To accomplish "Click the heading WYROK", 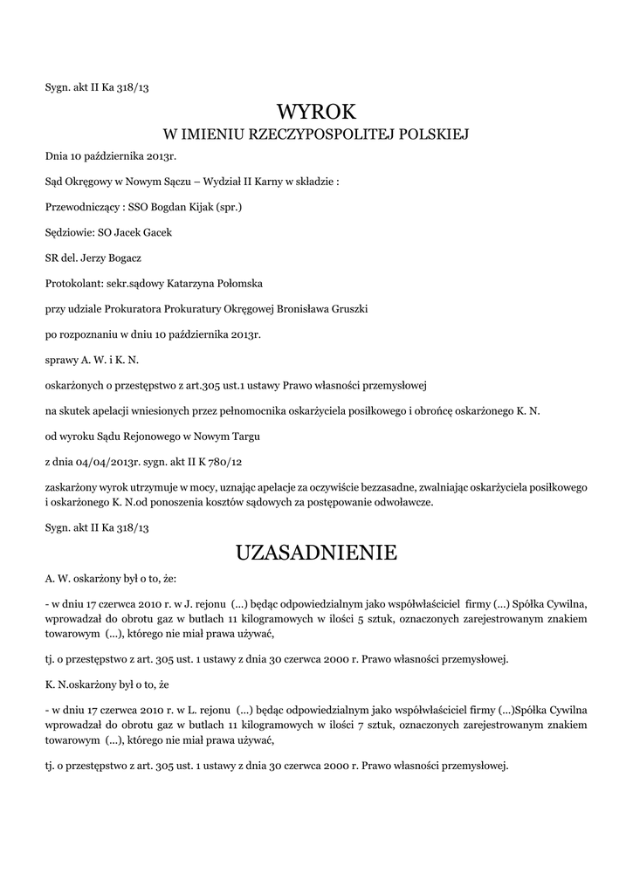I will (316, 111).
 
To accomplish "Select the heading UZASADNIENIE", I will (316, 553).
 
